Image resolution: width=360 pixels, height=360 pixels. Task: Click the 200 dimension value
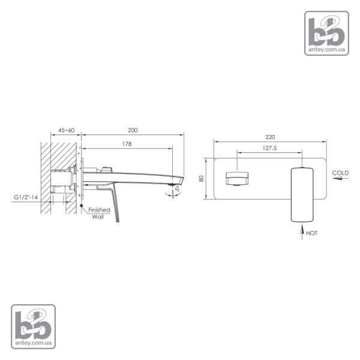tap(133, 130)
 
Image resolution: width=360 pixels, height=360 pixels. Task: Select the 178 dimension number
tap(127, 144)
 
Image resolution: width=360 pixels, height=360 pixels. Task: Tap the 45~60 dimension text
tap(67, 130)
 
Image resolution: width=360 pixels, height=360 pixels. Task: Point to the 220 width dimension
tap(270, 137)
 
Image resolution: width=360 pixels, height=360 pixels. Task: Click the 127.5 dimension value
tap(269, 148)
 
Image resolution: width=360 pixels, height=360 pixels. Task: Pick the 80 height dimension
tap(202, 178)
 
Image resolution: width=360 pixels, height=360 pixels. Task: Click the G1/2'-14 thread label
tap(26, 197)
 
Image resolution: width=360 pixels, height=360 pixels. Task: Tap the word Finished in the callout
tap(99, 210)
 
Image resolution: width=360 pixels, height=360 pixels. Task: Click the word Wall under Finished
tap(98, 217)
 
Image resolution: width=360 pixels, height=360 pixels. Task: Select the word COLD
tap(340, 173)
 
